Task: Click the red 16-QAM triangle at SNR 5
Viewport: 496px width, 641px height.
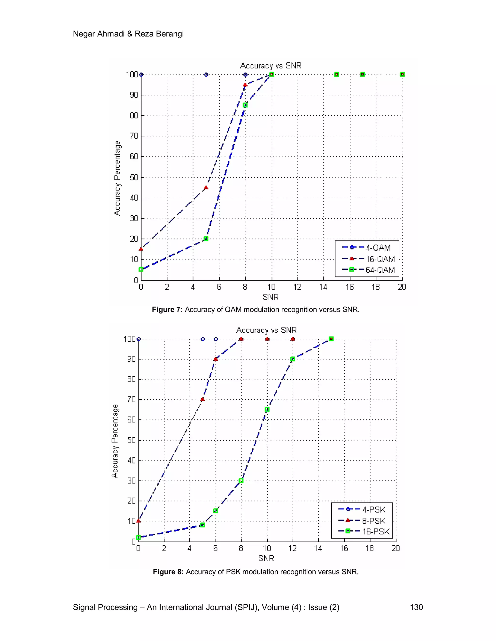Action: coord(206,187)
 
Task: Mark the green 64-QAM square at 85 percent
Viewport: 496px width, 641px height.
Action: coord(245,105)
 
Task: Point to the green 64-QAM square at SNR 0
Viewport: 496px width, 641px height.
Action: coord(141,269)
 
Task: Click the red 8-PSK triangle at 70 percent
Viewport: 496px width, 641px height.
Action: coord(202,399)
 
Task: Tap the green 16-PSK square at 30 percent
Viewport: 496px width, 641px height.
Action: coord(241,480)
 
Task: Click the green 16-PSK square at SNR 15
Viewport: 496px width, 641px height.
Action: coord(331,339)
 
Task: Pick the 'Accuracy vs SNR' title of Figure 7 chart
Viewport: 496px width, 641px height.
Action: coord(271,66)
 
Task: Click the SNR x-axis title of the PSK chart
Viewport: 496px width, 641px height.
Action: coord(266,558)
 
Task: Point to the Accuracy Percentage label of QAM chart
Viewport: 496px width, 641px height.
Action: coord(117,178)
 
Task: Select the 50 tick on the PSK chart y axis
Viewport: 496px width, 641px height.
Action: coord(131,440)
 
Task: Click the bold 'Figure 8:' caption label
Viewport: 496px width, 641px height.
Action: coord(168,572)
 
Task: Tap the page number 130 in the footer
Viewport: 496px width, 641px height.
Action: coord(416,607)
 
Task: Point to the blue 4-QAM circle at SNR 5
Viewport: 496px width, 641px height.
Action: coord(206,75)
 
